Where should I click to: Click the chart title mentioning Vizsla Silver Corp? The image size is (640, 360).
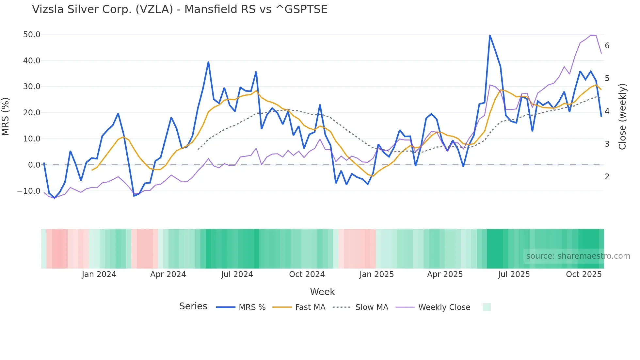tap(180, 9)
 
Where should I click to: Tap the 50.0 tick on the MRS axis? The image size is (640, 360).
tap(32, 35)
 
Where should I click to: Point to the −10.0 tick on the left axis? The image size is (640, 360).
tap(29, 191)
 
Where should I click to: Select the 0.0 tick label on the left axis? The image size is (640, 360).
tap(34, 165)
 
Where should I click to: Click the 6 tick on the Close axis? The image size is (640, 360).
tap(607, 46)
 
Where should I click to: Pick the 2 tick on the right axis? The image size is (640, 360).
tap(607, 177)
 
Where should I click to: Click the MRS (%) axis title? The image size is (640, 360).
tap(6, 117)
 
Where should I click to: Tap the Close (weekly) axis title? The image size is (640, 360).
tap(622, 117)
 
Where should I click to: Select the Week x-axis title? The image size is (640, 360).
tap(322, 292)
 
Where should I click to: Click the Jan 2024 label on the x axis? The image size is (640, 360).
tap(99, 274)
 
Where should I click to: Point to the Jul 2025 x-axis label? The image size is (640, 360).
tap(514, 274)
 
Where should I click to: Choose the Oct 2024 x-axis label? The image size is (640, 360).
tap(307, 274)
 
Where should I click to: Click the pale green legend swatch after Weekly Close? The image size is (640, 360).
tap(487, 307)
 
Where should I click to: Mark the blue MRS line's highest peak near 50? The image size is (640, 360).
tap(490, 35)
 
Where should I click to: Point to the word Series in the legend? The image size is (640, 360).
tap(193, 306)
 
